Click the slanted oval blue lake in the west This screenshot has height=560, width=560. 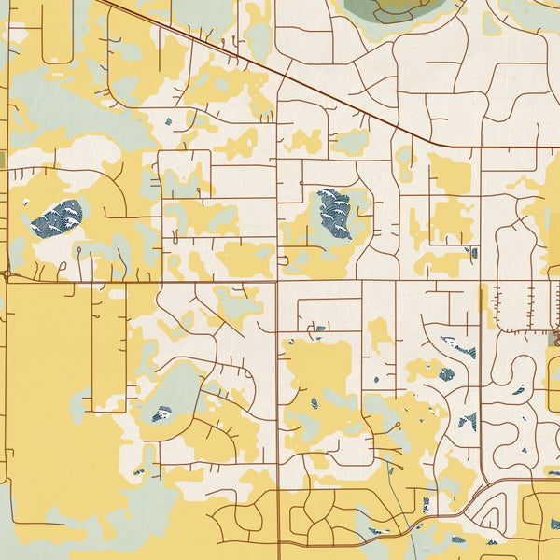(x=56, y=217)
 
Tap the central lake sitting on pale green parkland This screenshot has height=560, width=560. (x=333, y=213)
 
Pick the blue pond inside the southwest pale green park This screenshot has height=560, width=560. (x=162, y=413)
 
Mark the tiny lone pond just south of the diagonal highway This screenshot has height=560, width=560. (x=168, y=121)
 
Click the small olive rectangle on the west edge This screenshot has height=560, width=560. (x=3, y=160)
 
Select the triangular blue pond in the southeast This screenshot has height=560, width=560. (x=468, y=421)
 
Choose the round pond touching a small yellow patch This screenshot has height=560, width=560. (x=446, y=374)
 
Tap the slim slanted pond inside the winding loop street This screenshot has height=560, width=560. (x=518, y=390)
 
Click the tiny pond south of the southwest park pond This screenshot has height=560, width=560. (x=140, y=471)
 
